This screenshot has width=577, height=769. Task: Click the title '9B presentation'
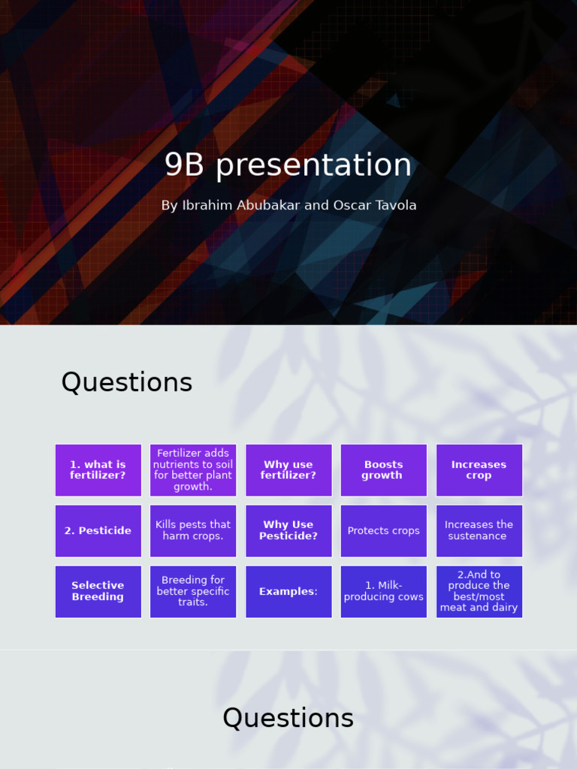288,165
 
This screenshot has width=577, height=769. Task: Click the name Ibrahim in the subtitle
205,205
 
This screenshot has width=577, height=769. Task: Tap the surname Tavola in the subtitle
391,205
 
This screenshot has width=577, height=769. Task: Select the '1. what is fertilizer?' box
98,470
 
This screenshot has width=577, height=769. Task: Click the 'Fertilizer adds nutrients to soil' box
193,470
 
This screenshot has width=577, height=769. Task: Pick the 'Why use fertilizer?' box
288,470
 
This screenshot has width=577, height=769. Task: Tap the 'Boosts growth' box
383,470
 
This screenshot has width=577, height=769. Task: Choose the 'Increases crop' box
479,470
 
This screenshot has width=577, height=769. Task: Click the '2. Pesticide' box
98,531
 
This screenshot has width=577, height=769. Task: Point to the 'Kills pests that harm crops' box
193,531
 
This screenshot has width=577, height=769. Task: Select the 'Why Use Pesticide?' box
288,531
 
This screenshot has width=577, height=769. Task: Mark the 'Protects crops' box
383,531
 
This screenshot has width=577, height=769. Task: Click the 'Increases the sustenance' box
479,531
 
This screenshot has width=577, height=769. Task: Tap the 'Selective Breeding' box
98,592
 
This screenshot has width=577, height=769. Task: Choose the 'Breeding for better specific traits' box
193,592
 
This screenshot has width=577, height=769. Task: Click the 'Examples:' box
288,592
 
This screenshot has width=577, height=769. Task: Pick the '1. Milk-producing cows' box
383,592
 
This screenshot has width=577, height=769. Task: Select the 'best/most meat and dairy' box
479,592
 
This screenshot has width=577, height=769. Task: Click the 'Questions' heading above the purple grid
127,383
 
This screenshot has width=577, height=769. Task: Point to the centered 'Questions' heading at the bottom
288,719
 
